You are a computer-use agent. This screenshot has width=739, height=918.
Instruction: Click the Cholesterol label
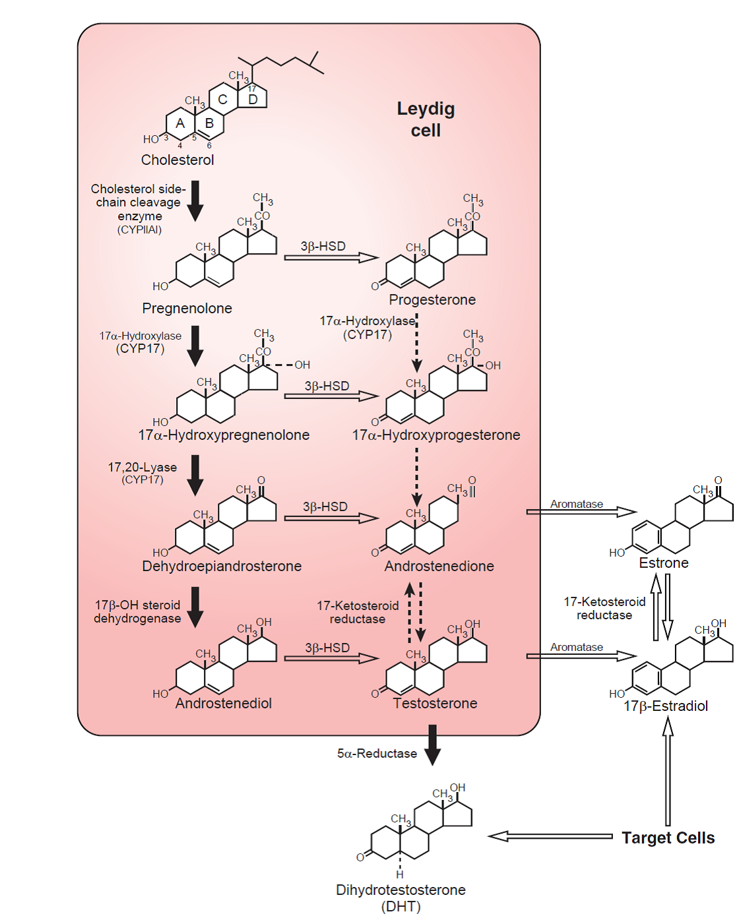point(177,160)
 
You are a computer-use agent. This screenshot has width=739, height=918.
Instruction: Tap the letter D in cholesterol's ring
point(253,100)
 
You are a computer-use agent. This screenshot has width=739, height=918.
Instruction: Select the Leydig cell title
point(426,119)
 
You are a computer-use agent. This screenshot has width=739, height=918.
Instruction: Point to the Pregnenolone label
point(187,308)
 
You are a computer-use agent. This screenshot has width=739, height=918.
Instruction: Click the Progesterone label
point(432,299)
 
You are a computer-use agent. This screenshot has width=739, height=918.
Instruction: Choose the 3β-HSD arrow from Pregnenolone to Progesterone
point(331,257)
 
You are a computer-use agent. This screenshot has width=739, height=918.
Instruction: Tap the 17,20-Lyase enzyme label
point(143,468)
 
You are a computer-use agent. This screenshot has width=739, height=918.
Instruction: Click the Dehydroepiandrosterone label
point(222,566)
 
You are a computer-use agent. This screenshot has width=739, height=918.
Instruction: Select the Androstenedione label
point(439,566)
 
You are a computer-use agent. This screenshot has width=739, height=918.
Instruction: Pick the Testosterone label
point(435,703)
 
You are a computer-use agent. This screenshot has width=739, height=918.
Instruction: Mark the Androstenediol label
point(223,703)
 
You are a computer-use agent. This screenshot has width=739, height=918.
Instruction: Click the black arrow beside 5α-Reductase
point(432,745)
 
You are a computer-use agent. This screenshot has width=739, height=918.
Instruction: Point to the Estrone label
point(664,563)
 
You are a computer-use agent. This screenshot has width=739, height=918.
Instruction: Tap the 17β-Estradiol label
point(666,706)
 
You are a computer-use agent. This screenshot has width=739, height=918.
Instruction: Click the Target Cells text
point(668,838)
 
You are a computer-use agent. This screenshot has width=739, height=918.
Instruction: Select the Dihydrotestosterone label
point(401,890)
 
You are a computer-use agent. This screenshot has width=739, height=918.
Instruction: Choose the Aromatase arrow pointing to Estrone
point(581,512)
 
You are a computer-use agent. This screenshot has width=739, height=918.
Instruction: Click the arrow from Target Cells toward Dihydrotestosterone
point(550,836)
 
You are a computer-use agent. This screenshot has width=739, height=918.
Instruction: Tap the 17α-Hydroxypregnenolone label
point(224,435)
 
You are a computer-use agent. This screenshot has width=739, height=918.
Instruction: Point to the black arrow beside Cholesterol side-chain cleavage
point(195,200)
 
